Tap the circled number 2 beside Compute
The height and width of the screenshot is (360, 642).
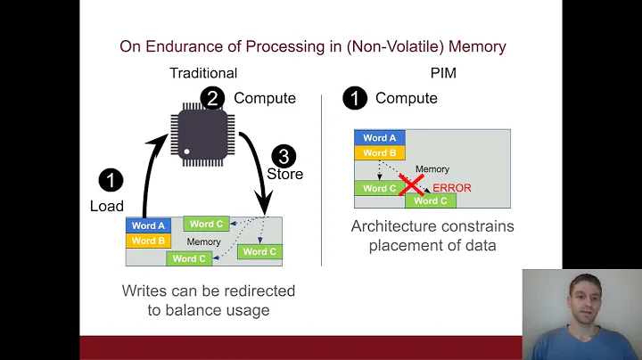(x=212, y=98)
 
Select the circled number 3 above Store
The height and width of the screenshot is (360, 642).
(x=283, y=156)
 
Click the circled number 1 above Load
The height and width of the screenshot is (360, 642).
(x=111, y=181)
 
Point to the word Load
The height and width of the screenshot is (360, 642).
(x=107, y=206)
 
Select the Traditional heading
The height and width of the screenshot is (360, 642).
(x=203, y=73)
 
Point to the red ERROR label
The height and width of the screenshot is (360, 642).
(x=451, y=188)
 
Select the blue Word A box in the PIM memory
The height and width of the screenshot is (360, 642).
(x=380, y=138)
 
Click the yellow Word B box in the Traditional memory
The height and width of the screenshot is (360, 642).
(x=149, y=241)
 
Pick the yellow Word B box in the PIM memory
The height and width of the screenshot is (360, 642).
(x=380, y=152)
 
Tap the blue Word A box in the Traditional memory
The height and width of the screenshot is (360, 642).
(x=149, y=226)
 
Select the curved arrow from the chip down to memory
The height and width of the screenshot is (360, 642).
(x=261, y=178)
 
